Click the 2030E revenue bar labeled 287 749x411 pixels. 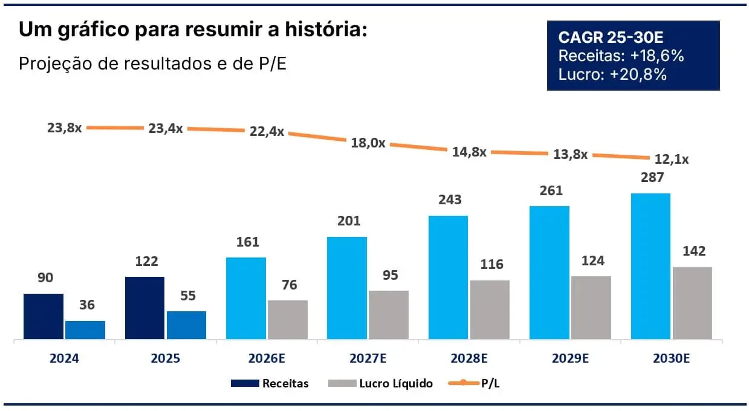[650, 266]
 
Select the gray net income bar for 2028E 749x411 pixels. [490, 309]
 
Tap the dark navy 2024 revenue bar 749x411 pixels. [44, 316]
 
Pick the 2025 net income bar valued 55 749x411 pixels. [186, 325]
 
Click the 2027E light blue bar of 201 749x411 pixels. [347, 288]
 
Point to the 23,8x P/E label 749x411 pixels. [64, 128]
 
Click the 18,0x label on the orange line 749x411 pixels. [368, 144]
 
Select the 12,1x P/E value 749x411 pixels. [672, 160]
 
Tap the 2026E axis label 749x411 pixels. [266, 358]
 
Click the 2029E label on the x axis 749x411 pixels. [570, 358]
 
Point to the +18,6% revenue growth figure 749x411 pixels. [657, 56]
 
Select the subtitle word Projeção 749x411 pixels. [51, 63]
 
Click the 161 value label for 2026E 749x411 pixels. [247, 242]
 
